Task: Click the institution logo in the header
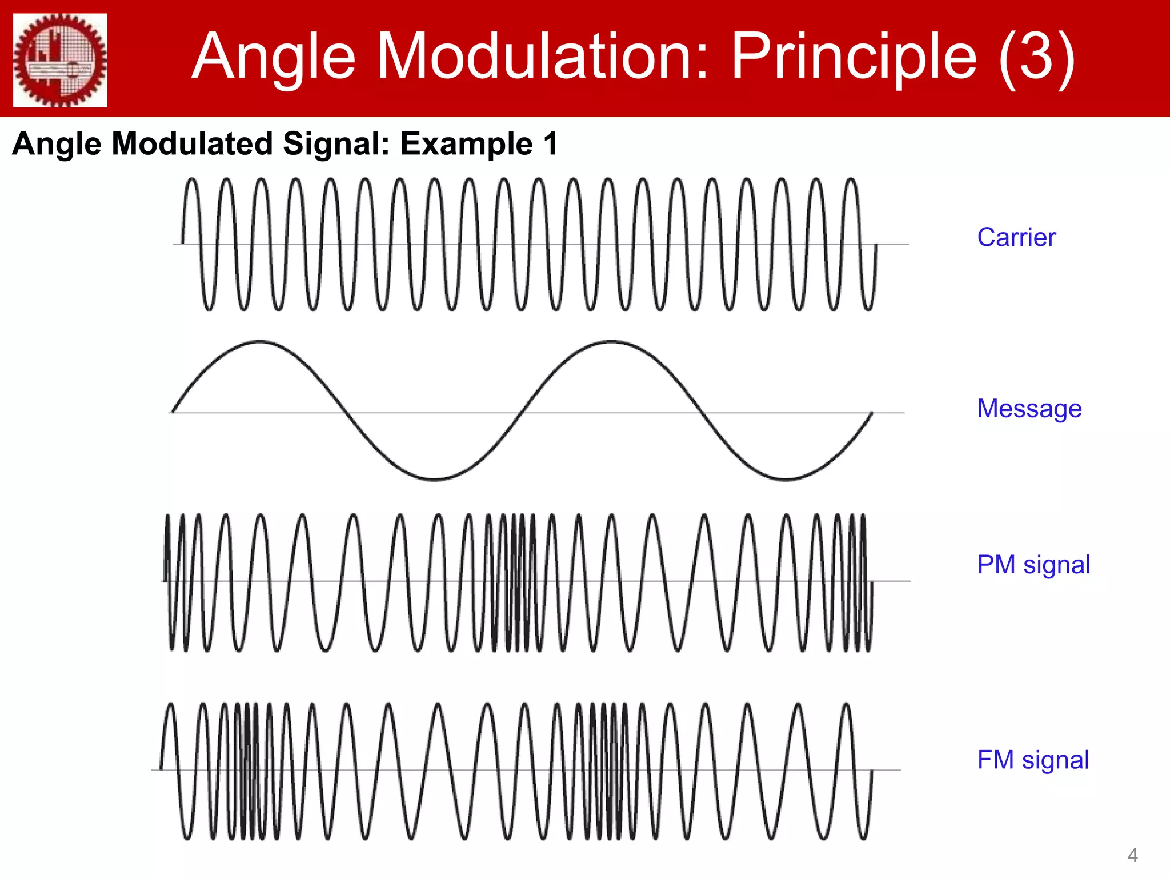60,59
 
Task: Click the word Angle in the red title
274,57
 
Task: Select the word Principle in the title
854,57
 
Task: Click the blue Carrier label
1016,237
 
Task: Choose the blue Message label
1029,409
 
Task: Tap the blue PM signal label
1033,565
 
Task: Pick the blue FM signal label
1033,760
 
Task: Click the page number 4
1132,856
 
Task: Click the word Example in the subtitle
466,143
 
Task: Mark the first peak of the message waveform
260,342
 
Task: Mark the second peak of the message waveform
612,342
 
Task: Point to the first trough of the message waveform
434,479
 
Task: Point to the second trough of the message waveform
786,479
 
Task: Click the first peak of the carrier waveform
192,179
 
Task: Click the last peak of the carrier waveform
851,179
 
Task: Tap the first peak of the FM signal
170,704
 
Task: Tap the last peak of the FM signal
847,704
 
